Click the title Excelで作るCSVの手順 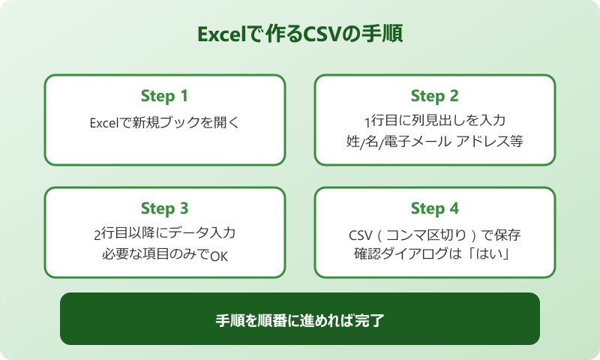(299, 35)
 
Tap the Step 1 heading (164, 96)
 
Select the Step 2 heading (434, 96)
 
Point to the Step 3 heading (164, 208)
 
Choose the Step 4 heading (434, 208)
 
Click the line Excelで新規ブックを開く (164, 121)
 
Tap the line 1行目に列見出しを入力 (434, 119)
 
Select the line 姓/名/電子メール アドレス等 (434, 140)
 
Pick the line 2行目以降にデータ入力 (164, 233)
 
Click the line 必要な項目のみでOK (164, 254)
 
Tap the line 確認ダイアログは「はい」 (434, 254)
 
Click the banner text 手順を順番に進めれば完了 (299, 319)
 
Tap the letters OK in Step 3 (218, 256)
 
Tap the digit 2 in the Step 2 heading (454, 96)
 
